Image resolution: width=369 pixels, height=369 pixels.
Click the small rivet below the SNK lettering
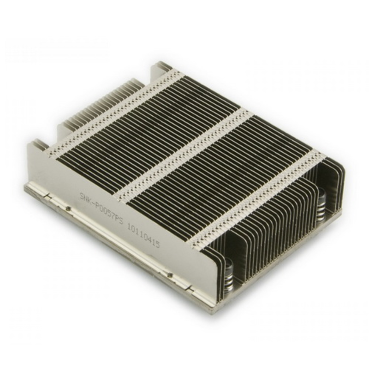point(68,208)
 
